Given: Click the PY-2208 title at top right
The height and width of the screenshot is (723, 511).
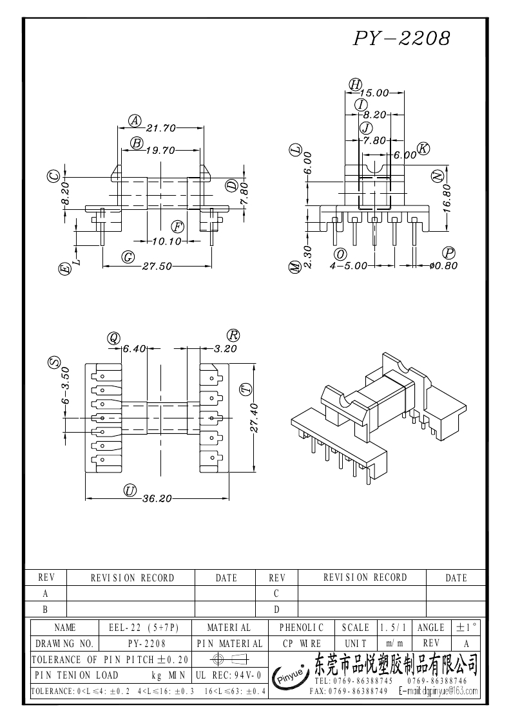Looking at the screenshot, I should [x=401, y=39].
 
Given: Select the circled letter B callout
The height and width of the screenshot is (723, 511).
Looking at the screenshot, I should [x=137, y=143].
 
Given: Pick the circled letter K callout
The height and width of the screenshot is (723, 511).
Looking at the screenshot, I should [x=423, y=149].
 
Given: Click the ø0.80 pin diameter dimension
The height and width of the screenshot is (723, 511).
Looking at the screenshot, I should [x=443, y=265].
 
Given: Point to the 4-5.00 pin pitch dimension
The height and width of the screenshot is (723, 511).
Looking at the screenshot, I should [x=349, y=265].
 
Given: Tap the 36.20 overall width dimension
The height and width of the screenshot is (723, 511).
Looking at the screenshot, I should [x=157, y=498].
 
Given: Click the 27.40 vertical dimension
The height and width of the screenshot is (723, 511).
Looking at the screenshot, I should [x=254, y=418].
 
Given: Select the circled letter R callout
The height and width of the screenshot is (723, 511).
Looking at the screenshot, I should [x=233, y=335].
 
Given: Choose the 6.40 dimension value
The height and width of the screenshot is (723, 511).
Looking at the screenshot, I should [x=134, y=348].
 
